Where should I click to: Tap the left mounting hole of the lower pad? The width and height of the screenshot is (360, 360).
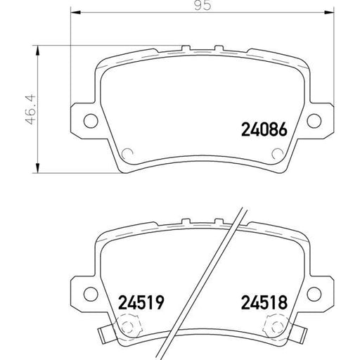(89, 293)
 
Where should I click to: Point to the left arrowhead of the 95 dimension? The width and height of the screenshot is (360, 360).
(75, 13)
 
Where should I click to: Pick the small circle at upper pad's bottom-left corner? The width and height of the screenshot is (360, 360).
(127, 155)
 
